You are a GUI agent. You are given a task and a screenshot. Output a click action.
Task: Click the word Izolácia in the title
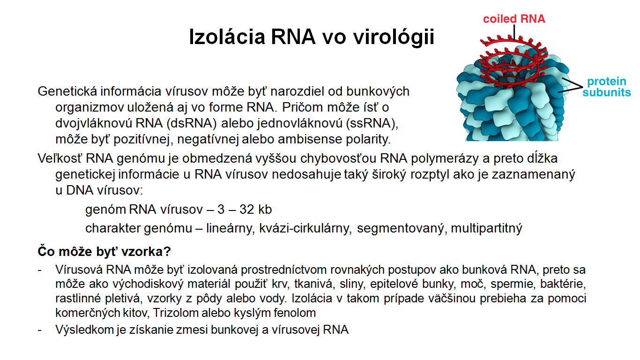click(x=227, y=37)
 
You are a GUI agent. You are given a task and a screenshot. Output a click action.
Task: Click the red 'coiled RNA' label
click(x=514, y=19)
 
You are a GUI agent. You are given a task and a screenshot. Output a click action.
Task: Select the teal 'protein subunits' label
click(x=607, y=87)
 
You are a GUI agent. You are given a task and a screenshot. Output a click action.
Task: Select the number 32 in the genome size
click(x=247, y=210)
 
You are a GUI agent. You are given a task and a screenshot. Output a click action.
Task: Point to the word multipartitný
click(x=486, y=228)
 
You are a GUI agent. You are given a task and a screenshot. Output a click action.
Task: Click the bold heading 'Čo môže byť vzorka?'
click(x=104, y=252)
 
